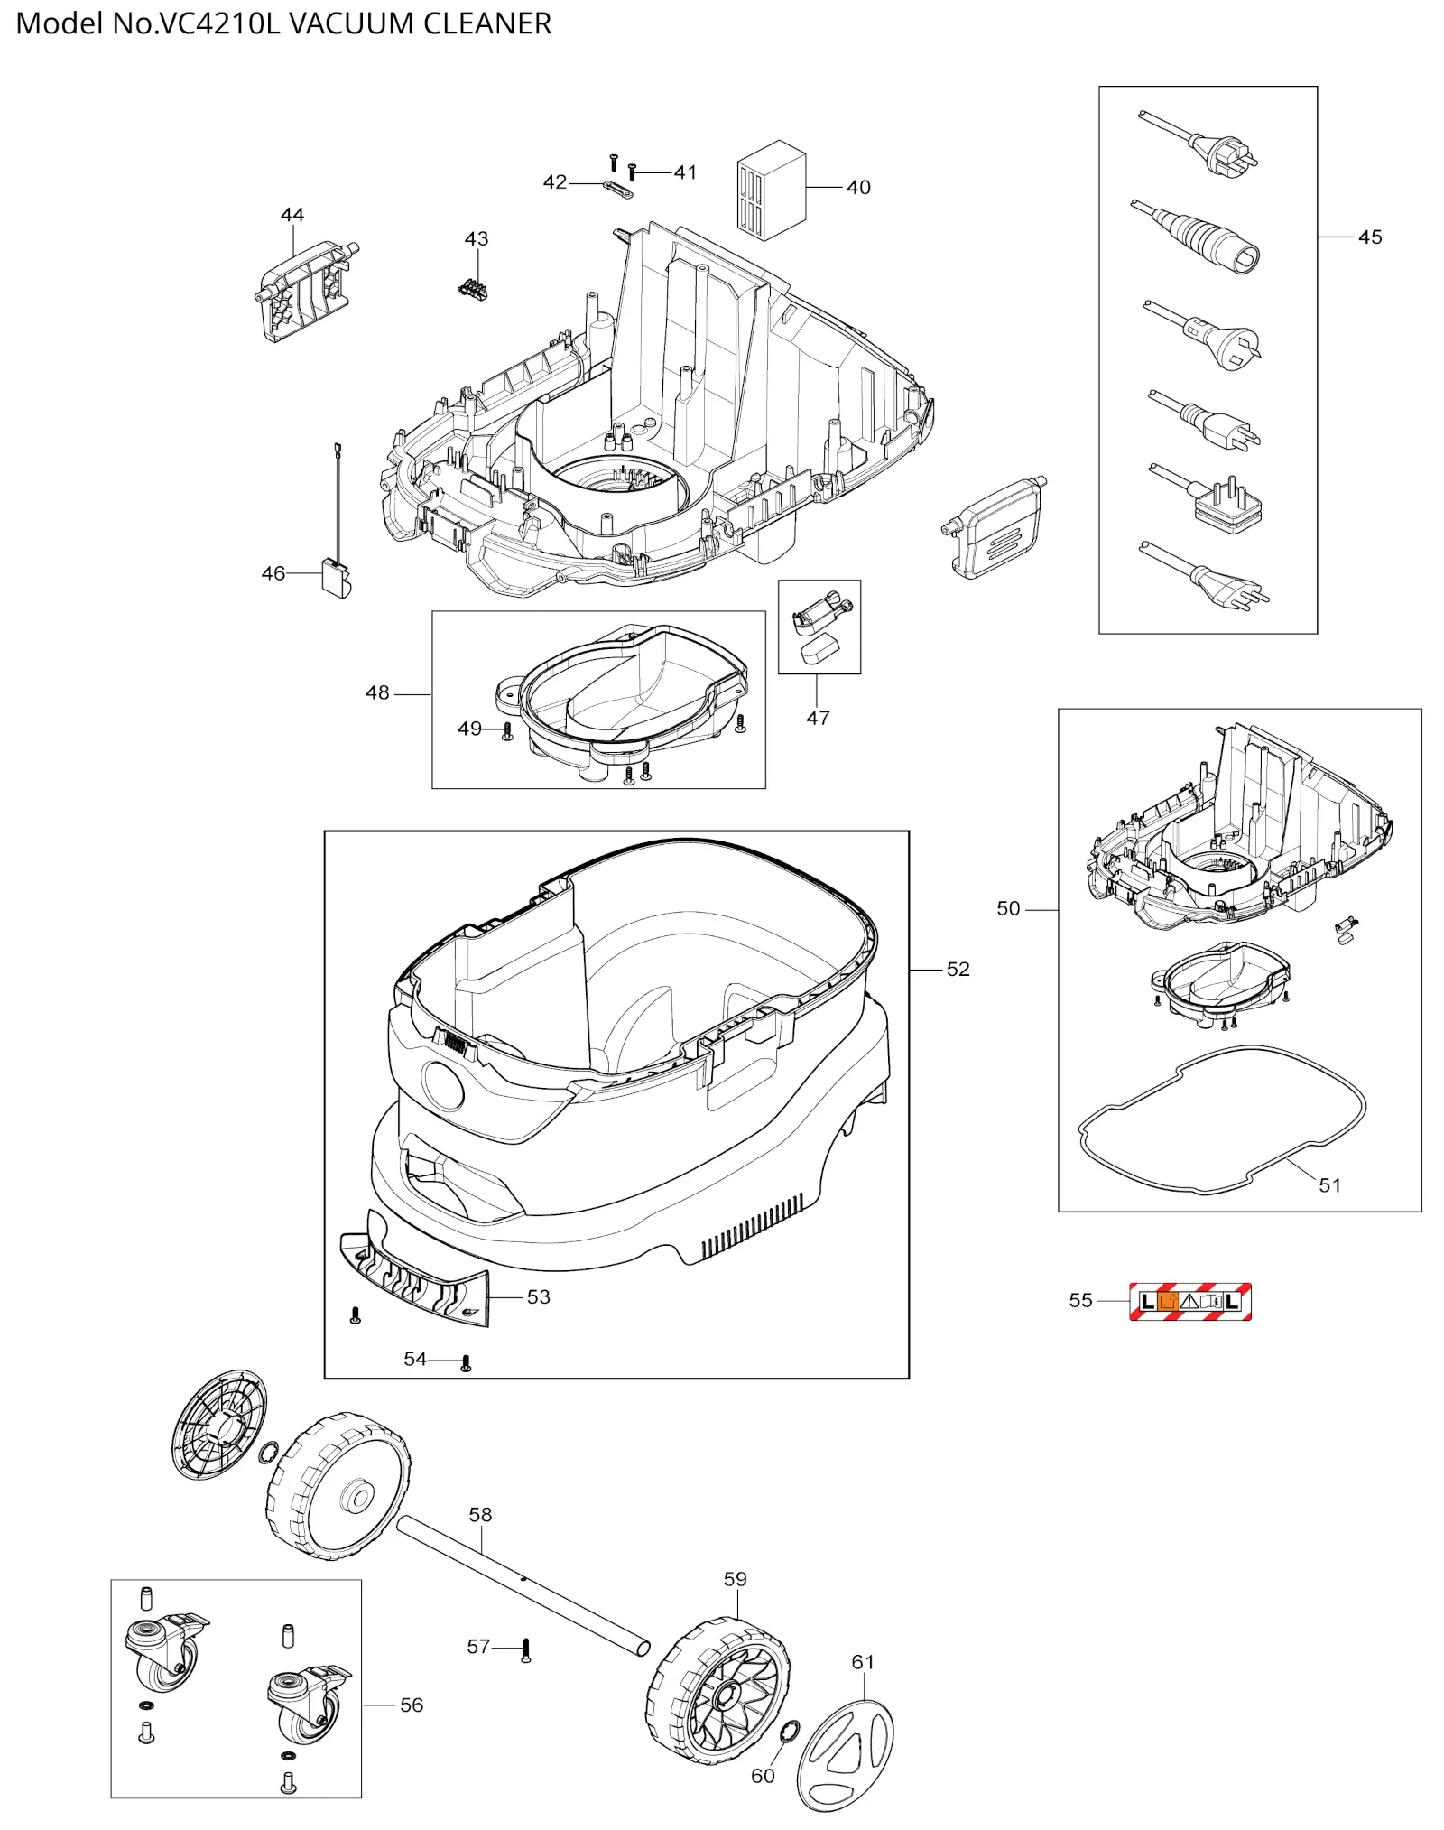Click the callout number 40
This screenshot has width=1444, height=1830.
858,188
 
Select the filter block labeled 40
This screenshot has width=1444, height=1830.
771,190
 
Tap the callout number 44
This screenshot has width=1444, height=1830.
292,215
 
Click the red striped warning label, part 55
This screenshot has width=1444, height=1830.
1189,1301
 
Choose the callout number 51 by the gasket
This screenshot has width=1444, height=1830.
1329,1185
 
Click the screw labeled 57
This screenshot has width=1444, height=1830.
526,1651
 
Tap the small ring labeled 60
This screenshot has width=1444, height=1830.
788,1731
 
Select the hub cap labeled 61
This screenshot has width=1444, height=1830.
845,1755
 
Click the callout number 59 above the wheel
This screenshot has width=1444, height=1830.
735,1579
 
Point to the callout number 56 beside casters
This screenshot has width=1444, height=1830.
412,1705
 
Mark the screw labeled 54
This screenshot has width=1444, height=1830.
466,1362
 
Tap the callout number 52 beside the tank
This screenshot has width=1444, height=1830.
958,970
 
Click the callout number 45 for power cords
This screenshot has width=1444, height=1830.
1369,237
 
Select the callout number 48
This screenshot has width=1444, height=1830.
377,693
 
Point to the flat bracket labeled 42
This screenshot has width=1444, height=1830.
617,189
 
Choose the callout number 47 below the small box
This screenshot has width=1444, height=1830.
818,718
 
